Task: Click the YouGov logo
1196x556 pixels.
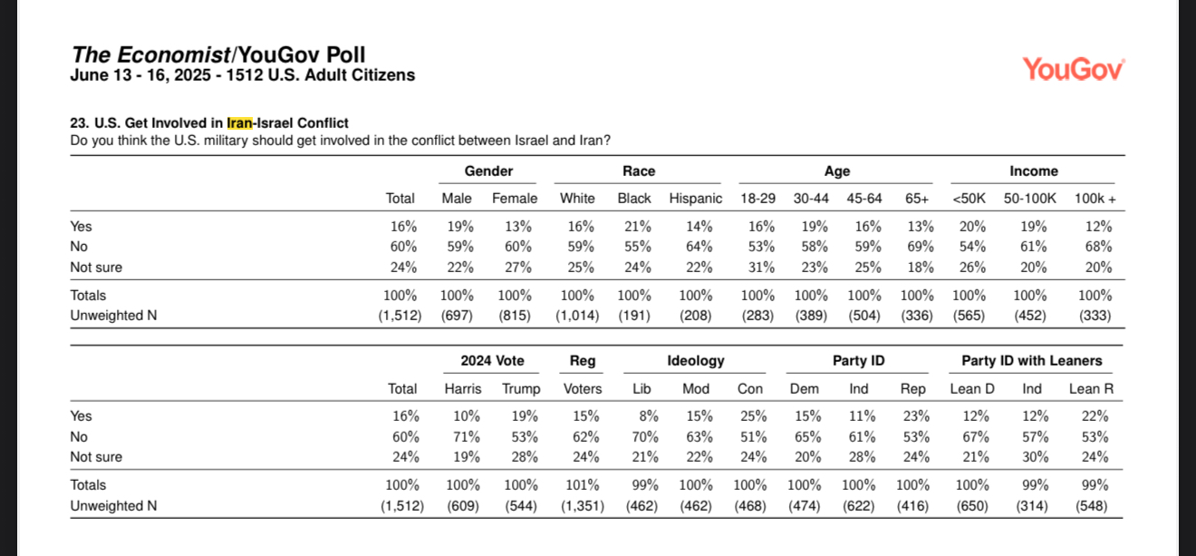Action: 1073,70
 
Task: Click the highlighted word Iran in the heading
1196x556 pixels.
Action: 239,123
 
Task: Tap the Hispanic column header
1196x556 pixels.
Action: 695,199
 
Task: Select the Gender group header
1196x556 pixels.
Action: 488,171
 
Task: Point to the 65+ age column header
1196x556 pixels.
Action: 917,199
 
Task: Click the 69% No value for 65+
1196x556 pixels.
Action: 921,247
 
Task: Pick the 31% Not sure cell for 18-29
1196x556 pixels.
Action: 761,267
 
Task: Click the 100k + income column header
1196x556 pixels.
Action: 1095,199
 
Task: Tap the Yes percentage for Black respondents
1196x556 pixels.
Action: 638,227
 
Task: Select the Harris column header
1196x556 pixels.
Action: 462,389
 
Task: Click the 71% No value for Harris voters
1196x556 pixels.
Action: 466,437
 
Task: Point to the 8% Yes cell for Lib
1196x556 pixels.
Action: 648,416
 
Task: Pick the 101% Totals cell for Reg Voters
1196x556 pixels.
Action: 582,485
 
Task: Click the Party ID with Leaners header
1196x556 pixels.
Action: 1031,361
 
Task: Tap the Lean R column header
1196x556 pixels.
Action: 1091,389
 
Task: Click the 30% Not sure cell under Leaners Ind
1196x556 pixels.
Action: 1035,457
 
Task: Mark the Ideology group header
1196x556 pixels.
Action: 695,361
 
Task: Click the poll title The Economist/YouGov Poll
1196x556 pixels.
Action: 218,54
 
